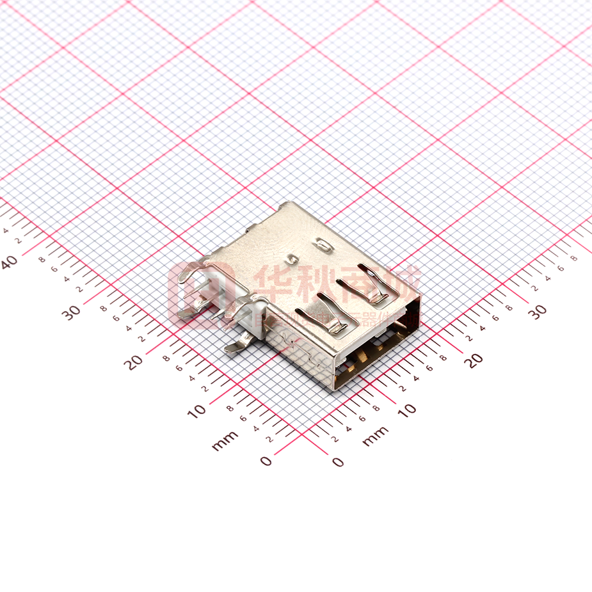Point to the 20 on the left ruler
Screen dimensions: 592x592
click(x=134, y=362)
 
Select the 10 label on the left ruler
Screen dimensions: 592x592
click(x=197, y=411)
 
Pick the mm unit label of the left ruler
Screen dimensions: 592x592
click(x=225, y=440)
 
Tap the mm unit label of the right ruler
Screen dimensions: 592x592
click(x=375, y=436)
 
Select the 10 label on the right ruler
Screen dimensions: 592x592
click(x=406, y=408)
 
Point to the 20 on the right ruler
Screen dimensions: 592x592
click(x=474, y=360)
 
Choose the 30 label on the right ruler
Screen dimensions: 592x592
click(x=538, y=311)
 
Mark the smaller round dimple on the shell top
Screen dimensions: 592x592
click(x=294, y=259)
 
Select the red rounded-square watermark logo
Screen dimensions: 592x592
click(x=192, y=296)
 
